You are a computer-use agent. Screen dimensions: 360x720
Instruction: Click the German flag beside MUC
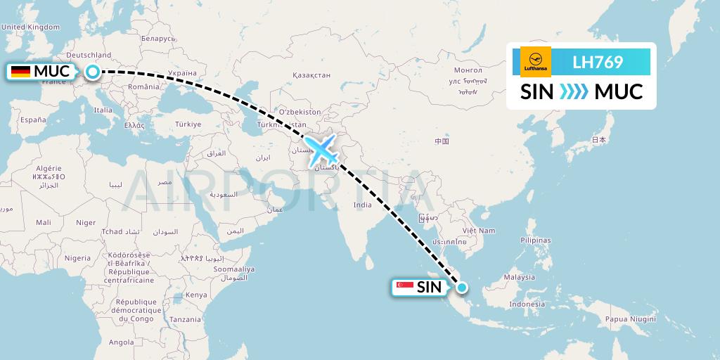[x=20, y=72]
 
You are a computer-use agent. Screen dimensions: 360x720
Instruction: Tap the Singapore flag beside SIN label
[x=404, y=287]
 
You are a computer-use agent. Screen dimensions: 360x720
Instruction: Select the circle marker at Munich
[x=93, y=71]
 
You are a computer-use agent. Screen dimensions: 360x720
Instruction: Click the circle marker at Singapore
[x=462, y=287]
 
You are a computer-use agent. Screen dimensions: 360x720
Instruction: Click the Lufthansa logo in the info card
[x=536, y=61]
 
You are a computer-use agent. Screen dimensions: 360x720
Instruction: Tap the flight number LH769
[x=598, y=62]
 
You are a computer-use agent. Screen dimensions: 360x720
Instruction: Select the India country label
[x=362, y=205]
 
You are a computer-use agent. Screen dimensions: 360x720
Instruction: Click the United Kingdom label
[x=31, y=27]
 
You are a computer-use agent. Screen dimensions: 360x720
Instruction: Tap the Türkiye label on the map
[x=188, y=124]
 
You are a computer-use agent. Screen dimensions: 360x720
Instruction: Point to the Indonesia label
[x=527, y=304]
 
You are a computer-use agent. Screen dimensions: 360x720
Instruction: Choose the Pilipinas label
[x=535, y=240]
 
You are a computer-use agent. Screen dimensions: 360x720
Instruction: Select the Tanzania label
[x=185, y=319]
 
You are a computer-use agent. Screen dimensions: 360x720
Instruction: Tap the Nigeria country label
[x=77, y=258]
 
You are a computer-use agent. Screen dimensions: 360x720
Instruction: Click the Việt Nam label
[x=478, y=231]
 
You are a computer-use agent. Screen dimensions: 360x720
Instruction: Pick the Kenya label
[x=196, y=295]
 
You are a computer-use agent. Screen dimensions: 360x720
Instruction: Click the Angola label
[x=121, y=342]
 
